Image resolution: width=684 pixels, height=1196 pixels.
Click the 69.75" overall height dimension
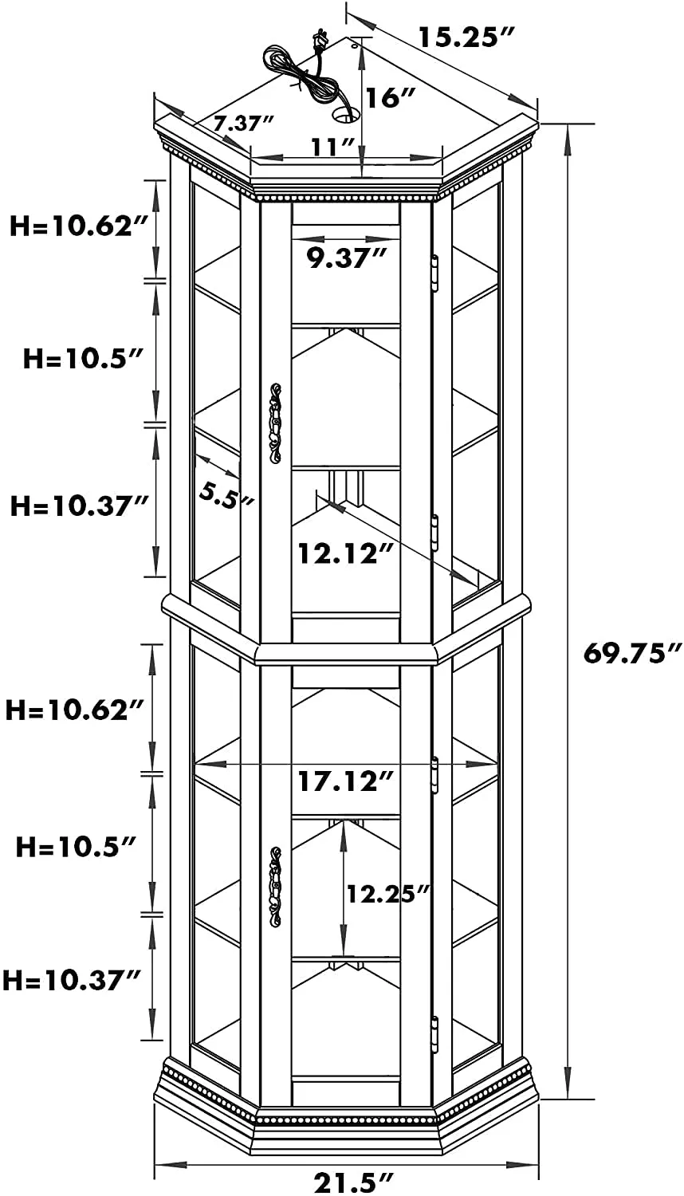click(632, 653)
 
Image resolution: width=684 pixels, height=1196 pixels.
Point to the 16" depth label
click(391, 97)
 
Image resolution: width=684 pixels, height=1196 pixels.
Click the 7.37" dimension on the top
click(243, 124)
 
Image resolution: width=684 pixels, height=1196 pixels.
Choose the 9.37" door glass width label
click(345, 258)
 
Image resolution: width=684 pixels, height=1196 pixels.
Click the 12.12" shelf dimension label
click(345, 553)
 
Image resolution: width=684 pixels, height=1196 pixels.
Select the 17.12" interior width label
click(345, 781)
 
